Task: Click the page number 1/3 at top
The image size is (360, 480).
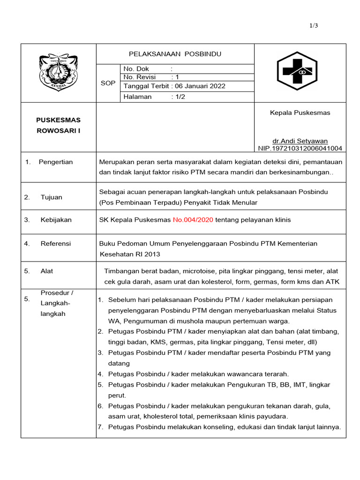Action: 314,26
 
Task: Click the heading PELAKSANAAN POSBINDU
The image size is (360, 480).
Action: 175,54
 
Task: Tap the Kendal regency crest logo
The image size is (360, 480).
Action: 59,73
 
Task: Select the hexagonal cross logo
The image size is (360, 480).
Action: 296,71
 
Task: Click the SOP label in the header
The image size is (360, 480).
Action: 108,83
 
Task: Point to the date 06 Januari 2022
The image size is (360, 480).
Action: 199,86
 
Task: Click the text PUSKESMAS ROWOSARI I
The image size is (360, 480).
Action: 59,125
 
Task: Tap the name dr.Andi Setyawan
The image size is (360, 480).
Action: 300,141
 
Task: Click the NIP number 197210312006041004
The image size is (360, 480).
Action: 300,148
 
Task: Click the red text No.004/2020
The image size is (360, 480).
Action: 194,220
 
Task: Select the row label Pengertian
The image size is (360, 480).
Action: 56,162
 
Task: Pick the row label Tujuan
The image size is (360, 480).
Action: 51,197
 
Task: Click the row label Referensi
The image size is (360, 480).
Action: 55,243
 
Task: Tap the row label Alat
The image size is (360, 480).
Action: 47,271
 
